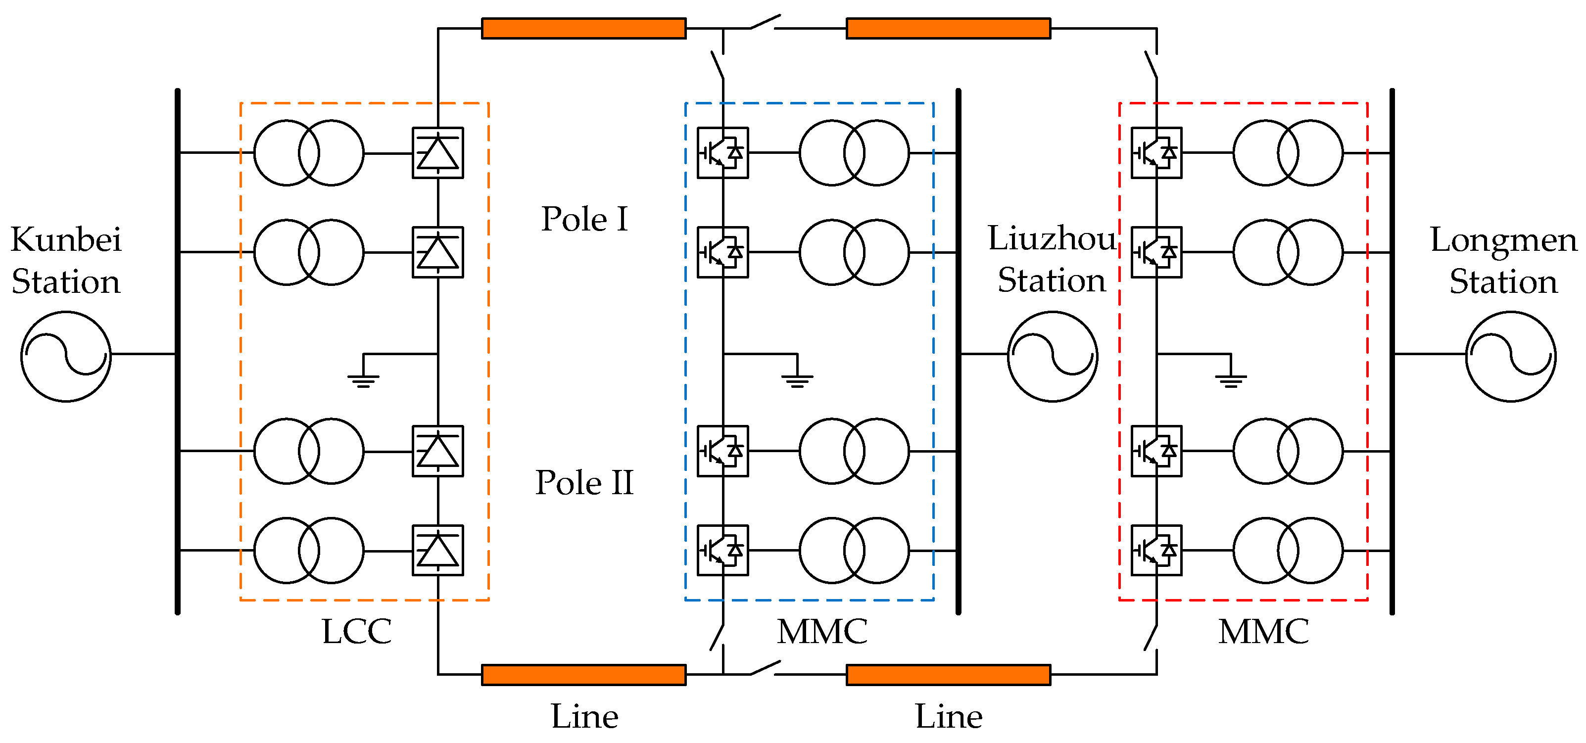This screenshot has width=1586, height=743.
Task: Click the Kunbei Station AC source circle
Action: click(66, 357)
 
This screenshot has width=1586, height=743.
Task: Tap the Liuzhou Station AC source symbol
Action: click(1052, 357)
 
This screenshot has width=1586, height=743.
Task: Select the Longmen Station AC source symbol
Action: click(1510, 357)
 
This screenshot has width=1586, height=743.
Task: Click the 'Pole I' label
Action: click(584, 219)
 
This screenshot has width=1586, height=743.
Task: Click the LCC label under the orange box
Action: click(356, 632)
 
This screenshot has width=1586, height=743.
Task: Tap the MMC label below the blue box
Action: click(822, 632)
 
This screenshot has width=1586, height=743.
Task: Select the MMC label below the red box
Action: click(1263, 632)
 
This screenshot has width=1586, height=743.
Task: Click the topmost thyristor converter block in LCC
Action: click(438, 153)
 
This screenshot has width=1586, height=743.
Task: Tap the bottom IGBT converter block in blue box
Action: click(723, 551)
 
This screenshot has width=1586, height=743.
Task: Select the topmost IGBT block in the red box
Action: click(1156, 153)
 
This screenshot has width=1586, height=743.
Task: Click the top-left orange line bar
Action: click(583, 28)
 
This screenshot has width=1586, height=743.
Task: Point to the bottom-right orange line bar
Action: click(948, 675)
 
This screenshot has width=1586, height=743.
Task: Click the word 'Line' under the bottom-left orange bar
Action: click(584, 716)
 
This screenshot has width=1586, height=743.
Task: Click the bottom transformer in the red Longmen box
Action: click(1288, 551)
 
